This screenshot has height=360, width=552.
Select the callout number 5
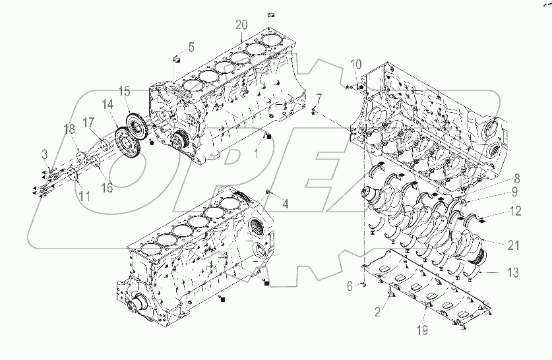[x=191, y=47]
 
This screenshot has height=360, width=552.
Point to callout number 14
[x=108, y=104]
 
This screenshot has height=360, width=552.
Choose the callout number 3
[x=46, y=154]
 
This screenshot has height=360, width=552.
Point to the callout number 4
[x=285, y=203]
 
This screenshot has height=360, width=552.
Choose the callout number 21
[x=512, y=245]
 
